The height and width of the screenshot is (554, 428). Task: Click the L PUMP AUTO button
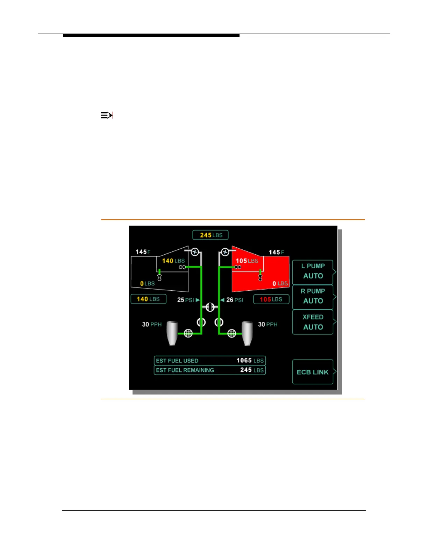[313, 271]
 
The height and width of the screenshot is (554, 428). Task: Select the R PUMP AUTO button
[313, 297]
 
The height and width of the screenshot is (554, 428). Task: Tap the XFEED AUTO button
[313, 322]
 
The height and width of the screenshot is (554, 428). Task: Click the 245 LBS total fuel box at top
[211, 235]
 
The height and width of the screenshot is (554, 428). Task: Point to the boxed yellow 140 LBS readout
[148, 299]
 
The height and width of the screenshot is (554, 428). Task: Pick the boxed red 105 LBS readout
[271, 300]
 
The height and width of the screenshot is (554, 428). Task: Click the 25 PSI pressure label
[186, 300]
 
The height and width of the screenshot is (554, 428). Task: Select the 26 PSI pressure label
[235, 300]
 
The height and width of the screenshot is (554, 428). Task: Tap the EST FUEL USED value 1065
[244, 361]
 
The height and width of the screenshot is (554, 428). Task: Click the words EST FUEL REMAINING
[185, 370]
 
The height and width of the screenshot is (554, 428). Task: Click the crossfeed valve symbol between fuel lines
[210, 307]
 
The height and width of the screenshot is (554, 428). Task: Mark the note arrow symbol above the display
[106, 115]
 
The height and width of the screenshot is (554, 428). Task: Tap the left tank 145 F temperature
[143, 252]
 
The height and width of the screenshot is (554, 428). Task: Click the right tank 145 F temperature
[276, 252]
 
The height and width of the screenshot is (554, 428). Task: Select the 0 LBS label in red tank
[280, 284]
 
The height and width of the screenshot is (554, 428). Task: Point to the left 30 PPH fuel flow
[152, 325]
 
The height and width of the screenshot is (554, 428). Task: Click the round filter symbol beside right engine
[232, 333]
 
